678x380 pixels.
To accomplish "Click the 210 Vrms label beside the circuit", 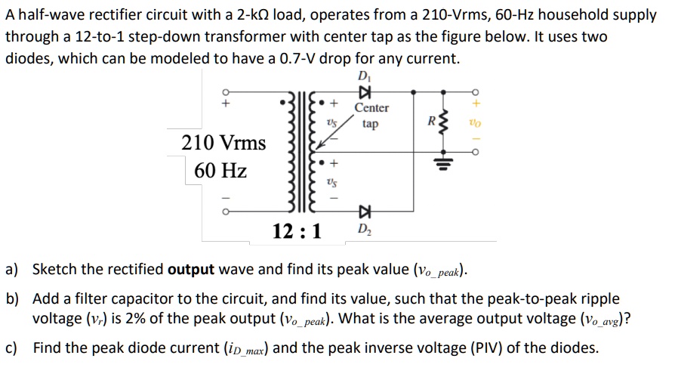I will pos(224,142).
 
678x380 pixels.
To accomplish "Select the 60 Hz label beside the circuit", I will pos(220,171).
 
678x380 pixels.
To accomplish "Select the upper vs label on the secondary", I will pos(330,120).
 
